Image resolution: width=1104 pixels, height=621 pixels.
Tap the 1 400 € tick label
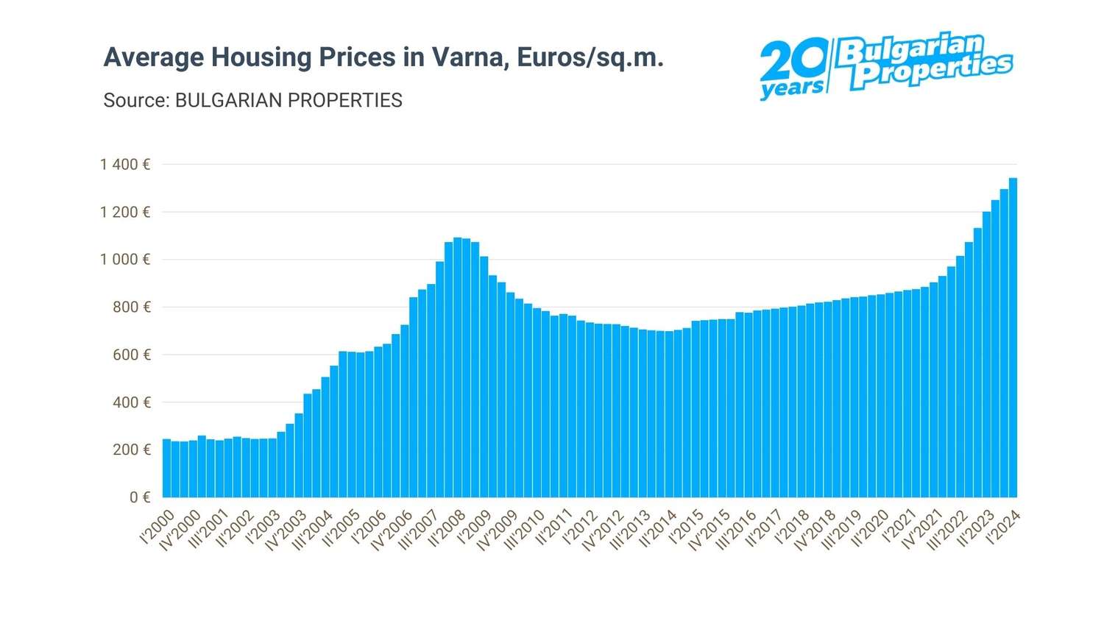125,164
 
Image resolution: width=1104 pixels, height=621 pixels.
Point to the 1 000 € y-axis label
125,260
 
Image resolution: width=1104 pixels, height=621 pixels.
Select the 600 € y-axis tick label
132,355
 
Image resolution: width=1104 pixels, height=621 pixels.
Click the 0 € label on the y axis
140,497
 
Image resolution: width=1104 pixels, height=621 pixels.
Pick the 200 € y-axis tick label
132,450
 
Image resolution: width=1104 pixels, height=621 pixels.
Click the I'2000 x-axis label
158,528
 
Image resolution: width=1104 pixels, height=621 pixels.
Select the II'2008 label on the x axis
447,529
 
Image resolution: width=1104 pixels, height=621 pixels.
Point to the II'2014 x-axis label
658,529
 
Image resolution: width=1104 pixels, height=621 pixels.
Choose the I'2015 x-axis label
686,528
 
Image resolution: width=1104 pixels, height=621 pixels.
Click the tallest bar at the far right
1013,338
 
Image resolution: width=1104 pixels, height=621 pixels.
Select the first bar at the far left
166,468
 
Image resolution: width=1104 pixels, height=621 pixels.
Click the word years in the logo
791,88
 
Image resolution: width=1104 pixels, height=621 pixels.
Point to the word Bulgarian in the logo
910,49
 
